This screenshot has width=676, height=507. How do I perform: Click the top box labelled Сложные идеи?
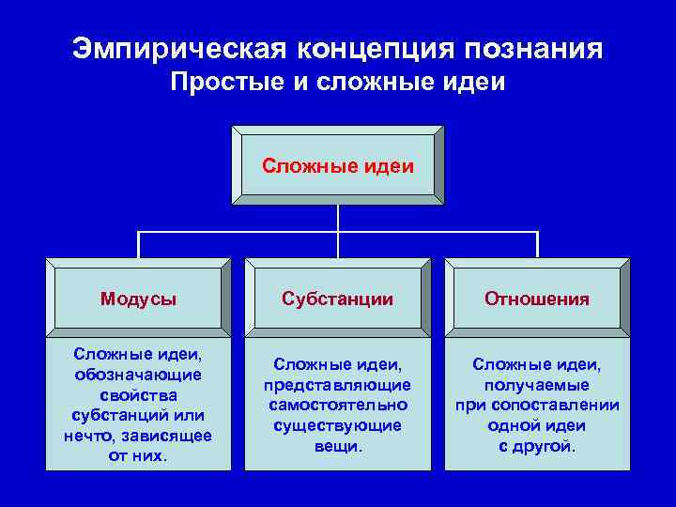click(x=338, y=165)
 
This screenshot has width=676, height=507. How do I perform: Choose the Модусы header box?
click(x=138, y=299)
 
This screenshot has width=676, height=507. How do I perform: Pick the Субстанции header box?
click(x=338, y=299)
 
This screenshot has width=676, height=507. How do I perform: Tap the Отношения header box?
click(x=537, y=299)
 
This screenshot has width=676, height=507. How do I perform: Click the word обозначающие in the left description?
click(x=138, y=375)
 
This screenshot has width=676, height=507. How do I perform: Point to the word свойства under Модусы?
click(x=138, y=394)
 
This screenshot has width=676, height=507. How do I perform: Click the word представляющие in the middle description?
click(x=338, y=385)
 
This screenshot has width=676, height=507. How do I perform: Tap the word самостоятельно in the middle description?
click(x=338, y=405)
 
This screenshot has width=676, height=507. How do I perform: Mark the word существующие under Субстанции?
click(x=338, y=425)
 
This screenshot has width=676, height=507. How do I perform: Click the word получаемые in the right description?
click(x=537, y=385)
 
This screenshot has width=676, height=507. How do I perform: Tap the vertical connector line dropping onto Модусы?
click(x=139, y=244)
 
